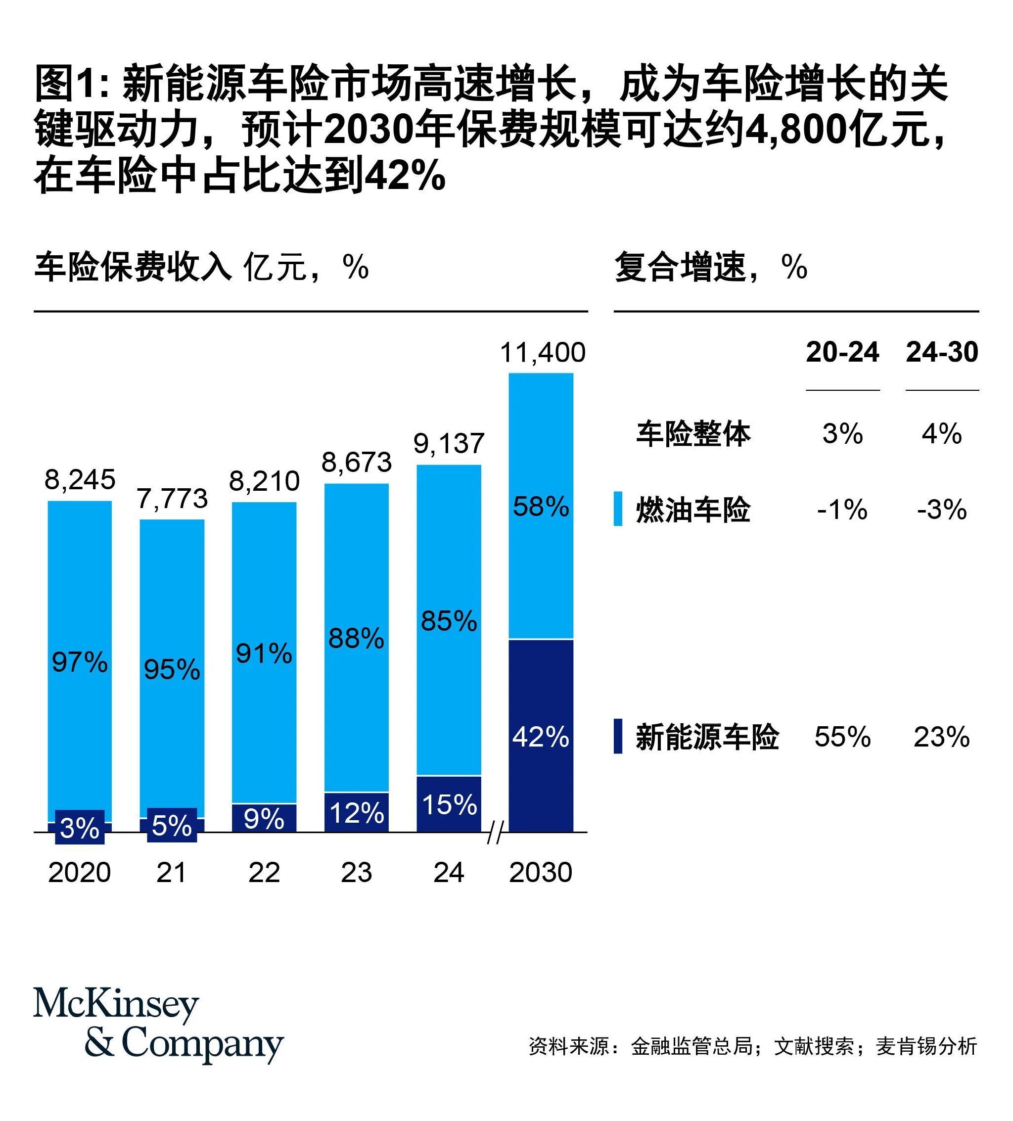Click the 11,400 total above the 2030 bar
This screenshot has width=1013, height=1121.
[x=542, y=353]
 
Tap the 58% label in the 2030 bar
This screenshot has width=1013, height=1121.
[x=541, y=507]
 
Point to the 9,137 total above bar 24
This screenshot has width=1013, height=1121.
[x=449, y=443]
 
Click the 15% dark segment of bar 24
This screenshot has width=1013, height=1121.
[x=449, y=804]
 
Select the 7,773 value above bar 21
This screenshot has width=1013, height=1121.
[x=172, y=498]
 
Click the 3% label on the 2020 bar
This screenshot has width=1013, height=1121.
[x=80, y=828]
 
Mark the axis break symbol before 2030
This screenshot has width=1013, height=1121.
[x=494, y=834]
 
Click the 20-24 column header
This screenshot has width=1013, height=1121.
[x=842, y=352]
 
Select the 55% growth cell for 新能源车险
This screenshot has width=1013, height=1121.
[x=842, y=737]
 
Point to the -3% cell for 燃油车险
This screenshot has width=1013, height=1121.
[x=941, y=510]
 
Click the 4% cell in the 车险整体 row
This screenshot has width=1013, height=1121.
[x=941, y=434]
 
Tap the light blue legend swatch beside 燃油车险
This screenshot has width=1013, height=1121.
[x=618, y=508]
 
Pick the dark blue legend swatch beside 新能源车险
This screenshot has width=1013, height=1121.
[x=618, y=736]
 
